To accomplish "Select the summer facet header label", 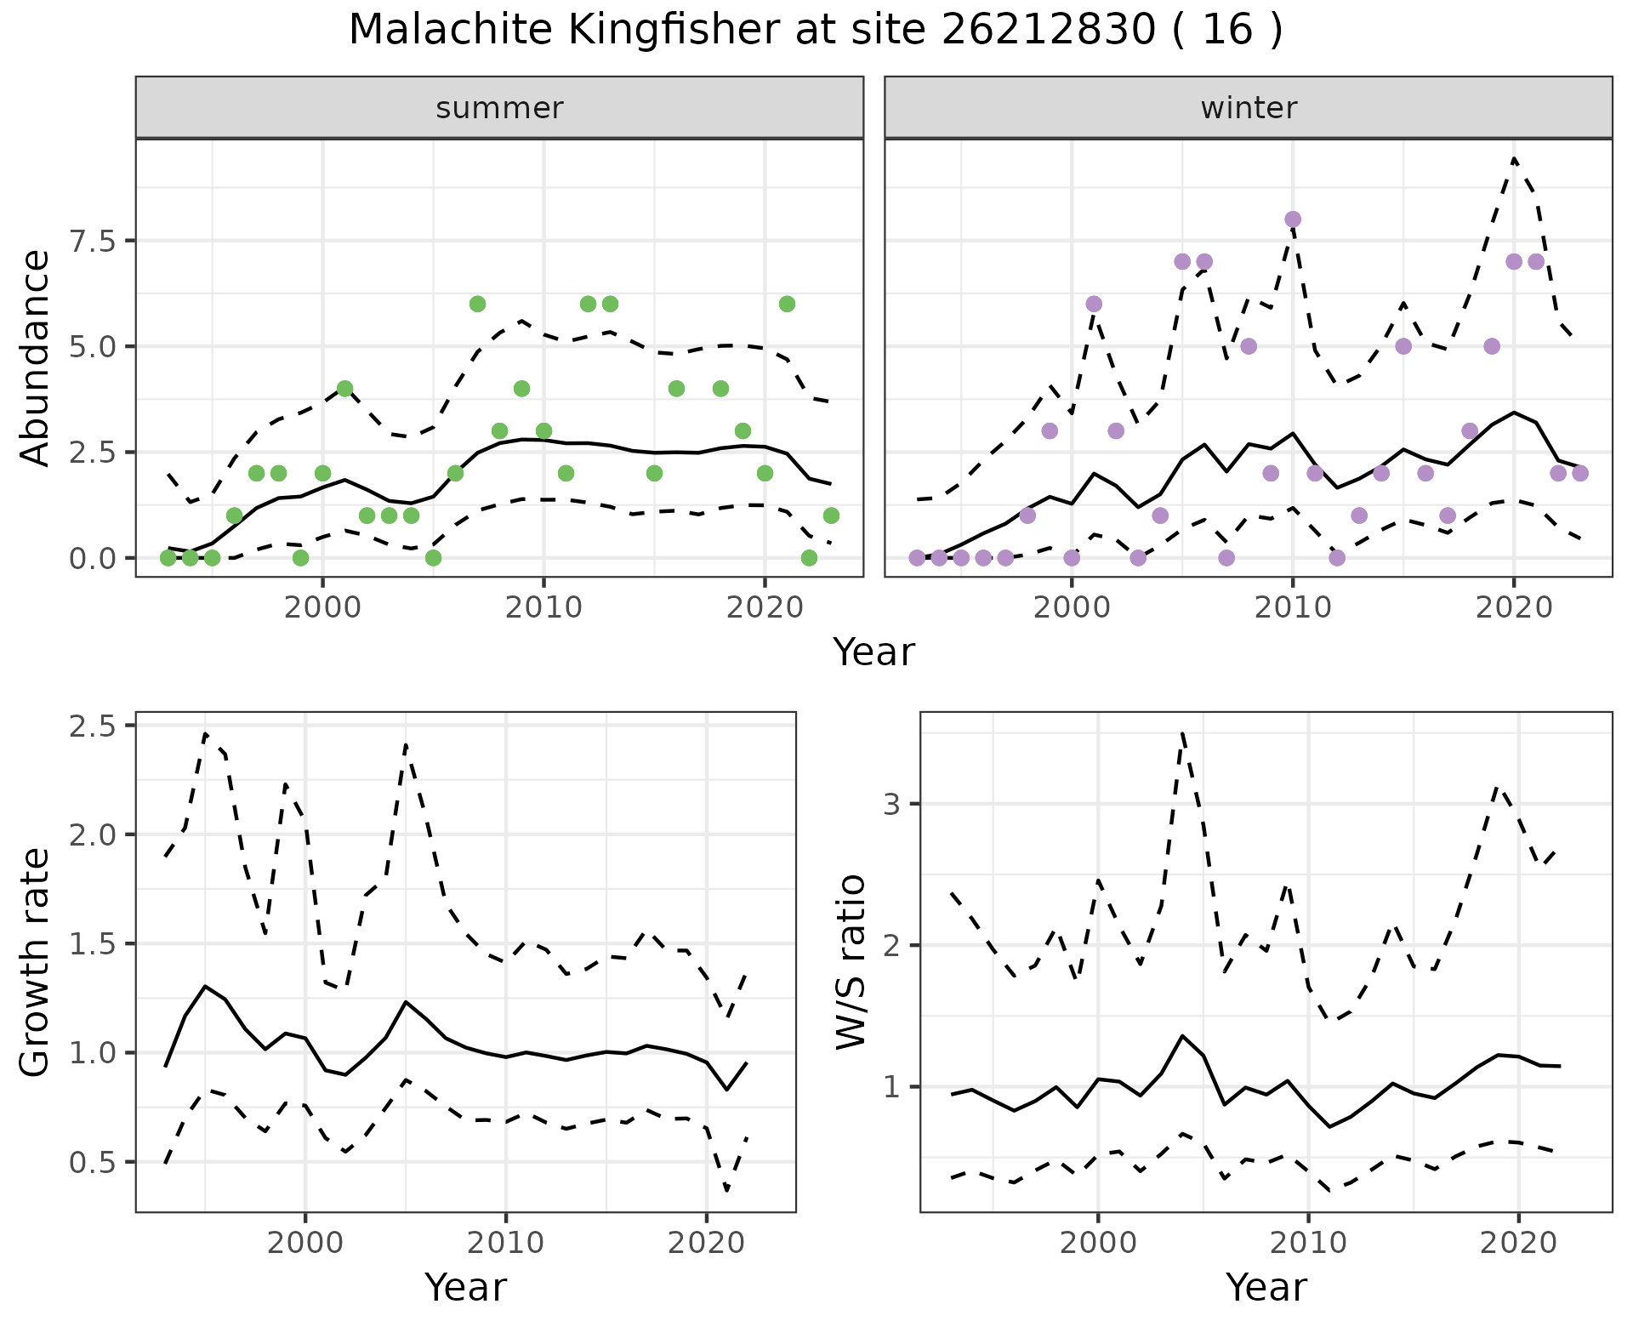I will tap(499, 108).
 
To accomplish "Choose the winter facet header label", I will tap(1249, 108).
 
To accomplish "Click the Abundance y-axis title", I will tap(36, 357).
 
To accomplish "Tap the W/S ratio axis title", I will tap(851, 962).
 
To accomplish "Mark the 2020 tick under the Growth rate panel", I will tap(706, 1243).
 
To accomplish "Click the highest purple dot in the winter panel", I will tap(1293, 219).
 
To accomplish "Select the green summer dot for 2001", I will tap(344, 389).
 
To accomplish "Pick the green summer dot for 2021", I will tap(787, 304).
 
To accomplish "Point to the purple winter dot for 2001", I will tap(1094, 304).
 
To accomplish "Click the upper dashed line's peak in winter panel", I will tap(1514, 158).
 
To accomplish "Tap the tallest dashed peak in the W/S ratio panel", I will tap(1182, 732).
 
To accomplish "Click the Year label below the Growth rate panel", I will tap(465, 1287).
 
